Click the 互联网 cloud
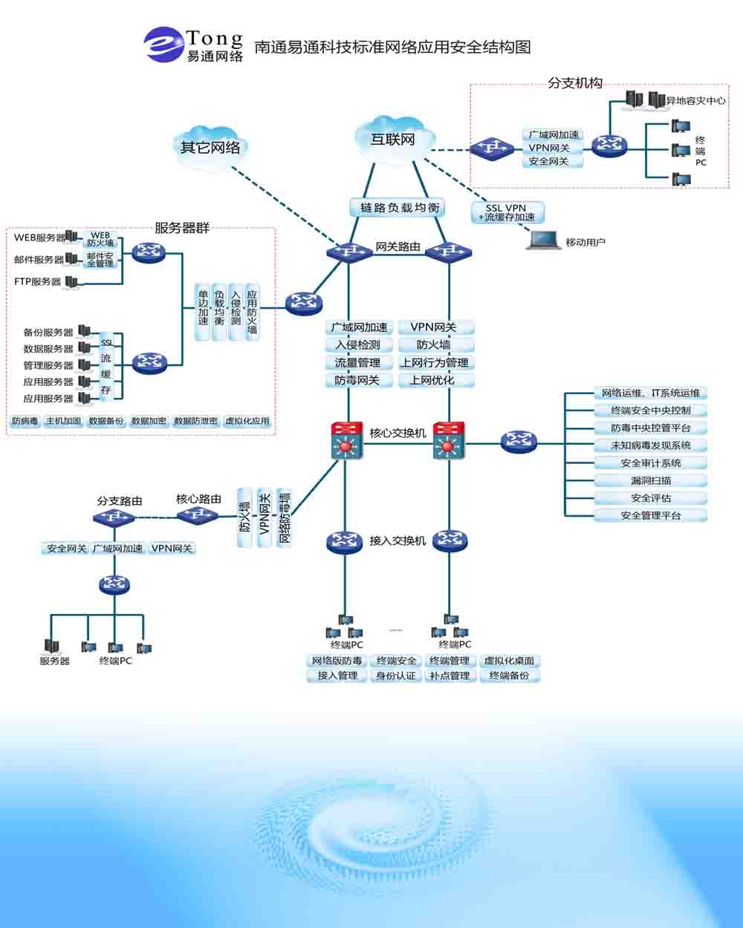pyautogui.click(x=393, y=139)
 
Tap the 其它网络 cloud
pyautogui.click(x=210, y=146)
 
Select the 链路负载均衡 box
pyautogui.click(x=397, y=208)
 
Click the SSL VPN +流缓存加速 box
pyautogui.click(x=507, y=212)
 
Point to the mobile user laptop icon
pyautogui.click(x=543, y=241)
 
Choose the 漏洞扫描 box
pyautogui.click(x=650, y=480)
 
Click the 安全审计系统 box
pyautogui.click(x=650, y=463)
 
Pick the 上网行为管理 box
pyautogui.click(x=435, y=362)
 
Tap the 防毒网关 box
pyautogui.click(x=357, y=380)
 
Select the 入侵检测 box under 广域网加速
pyautogui.click(x=357, y=344)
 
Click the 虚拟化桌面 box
pyautogui.click(x=509, y=661)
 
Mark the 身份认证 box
pyautogui.click(x=396, y=676)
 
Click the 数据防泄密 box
pyautogui.click(x=195, y=421)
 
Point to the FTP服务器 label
pyautogui.click(x=37, y=282)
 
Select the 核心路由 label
pyautogui.click(x=198, y=499)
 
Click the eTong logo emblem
pyautogui.click(x=163, y=45)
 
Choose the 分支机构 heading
pyautogui.click(x=575, y=83)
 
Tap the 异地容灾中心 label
pyautogui.click(x=695, y=100)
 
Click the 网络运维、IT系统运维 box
pyautogui.click(x=650, y=393)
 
